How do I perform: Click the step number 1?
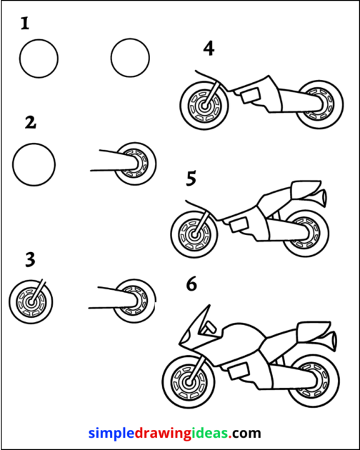(25, 25)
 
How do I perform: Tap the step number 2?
(30, 122)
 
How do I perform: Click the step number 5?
(191, 179)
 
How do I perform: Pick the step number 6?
(191, 284)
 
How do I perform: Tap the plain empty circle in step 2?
(34, 164)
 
